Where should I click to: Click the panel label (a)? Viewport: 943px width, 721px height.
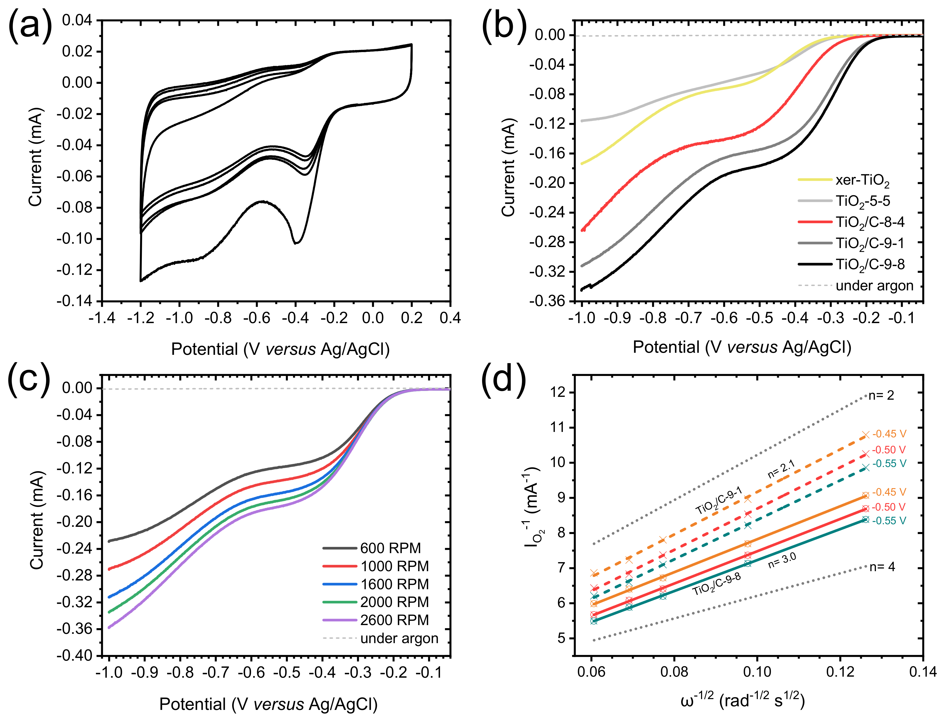click(29, 27)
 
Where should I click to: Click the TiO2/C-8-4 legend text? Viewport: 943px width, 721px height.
click(869, 222)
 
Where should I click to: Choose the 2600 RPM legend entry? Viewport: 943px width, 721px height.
click(394, 620)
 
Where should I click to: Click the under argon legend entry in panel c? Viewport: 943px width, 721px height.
click(399, 638)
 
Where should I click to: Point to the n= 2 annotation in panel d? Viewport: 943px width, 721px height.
click(881, 395)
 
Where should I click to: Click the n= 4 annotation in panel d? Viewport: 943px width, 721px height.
click(882, 567)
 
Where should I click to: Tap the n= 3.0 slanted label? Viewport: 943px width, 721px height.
click(782, 561)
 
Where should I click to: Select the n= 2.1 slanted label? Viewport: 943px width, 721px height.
click(781, 469)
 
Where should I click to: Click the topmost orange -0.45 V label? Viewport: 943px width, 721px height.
click(889, 434)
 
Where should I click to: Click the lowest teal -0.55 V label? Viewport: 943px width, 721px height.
click(889, 521)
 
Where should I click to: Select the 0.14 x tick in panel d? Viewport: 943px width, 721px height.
click(922, 672)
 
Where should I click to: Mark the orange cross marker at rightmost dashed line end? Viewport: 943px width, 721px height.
click(865, 435)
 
